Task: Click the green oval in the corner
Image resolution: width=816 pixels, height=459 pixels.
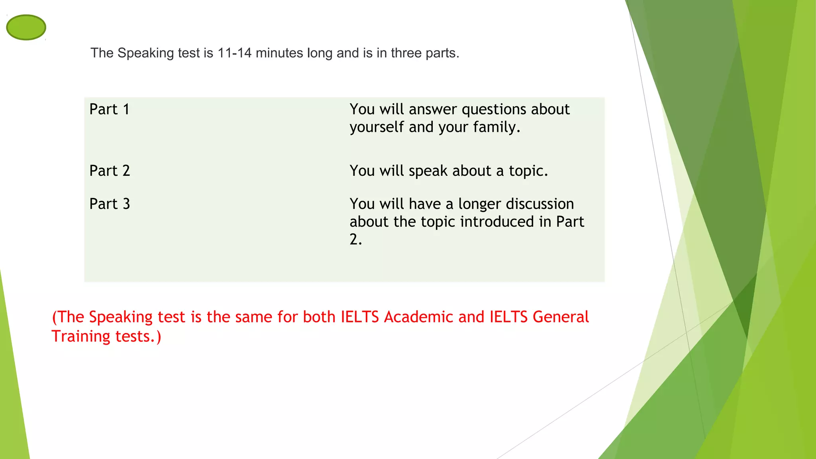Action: click(26, 27)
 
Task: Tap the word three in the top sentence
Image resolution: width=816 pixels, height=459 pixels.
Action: click(406, 53)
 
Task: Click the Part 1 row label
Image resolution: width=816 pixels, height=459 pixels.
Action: click(110, 109)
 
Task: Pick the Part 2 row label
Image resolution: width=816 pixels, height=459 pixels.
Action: click(110, 171)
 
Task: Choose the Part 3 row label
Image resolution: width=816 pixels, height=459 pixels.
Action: click(110, 204)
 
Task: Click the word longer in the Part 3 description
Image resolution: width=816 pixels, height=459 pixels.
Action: click(479, 204)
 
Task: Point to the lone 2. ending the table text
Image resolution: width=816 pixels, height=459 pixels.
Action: click(355, 239)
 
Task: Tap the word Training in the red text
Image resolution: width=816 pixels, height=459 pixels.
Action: click(81, 337)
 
